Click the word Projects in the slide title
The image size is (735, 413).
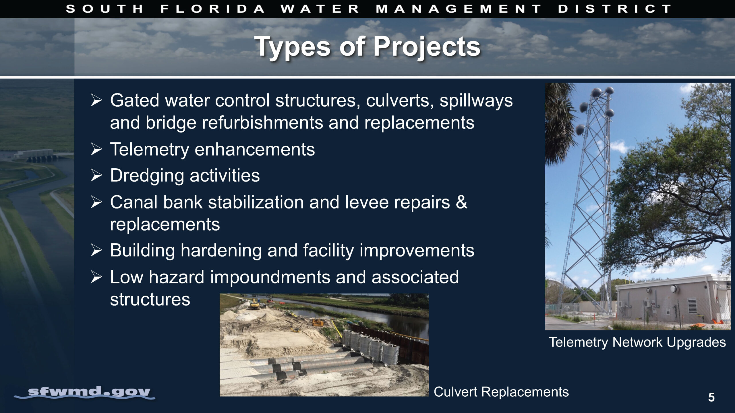point(427,47)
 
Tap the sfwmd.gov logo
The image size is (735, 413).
point(85,392)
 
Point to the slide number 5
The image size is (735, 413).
point(711,397)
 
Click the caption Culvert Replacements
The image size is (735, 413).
point(501,392)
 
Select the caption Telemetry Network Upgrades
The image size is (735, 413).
point(637,342)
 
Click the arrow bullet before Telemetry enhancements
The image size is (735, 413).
point(96,149)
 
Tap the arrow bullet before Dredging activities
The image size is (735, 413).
point(96,176)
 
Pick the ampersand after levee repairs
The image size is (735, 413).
point(461,202)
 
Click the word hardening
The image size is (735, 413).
point(221,251)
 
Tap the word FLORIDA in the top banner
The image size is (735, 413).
point(213,9)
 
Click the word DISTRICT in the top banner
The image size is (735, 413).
point(614,9)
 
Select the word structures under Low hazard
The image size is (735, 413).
point(150,300)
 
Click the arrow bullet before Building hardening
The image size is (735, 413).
point(96,250)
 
